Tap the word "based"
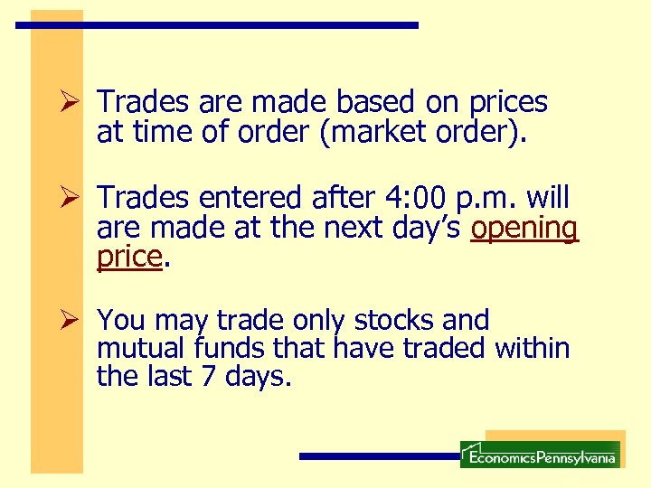click(355, 103)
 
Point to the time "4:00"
click(414, 196)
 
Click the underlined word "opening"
click(524, 228)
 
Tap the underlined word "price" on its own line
click(128, 257)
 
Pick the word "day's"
click(423, 228)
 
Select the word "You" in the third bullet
click(122, 320)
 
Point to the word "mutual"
click(142, 349)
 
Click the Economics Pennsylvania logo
click(540, 455)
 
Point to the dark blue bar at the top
click(217, 25)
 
